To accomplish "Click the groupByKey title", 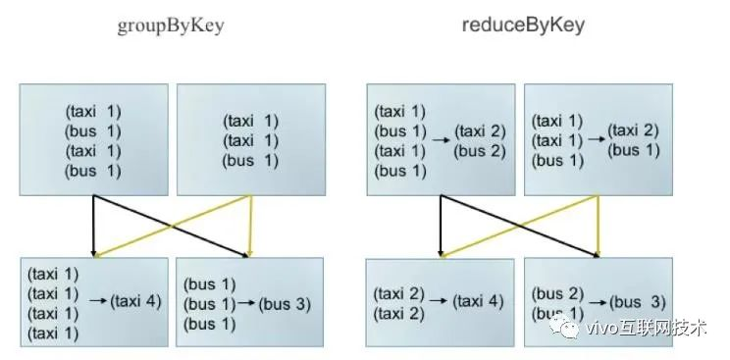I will pyautogui.click(x=171, y=26).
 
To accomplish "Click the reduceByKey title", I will pyautogui.click(x=523, y=26).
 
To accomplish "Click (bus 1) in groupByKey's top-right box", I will pyautogui.click(x=250, y=161).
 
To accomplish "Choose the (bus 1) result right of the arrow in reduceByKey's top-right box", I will pyautogui.click(x=634, y=149).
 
